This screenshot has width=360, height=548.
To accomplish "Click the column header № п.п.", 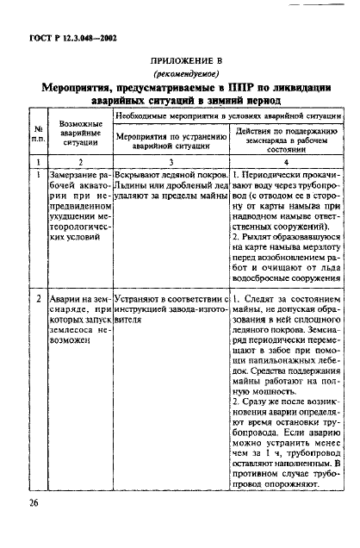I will (x=38, y=134).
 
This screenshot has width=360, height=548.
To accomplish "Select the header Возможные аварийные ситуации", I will (x=80, y=134).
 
